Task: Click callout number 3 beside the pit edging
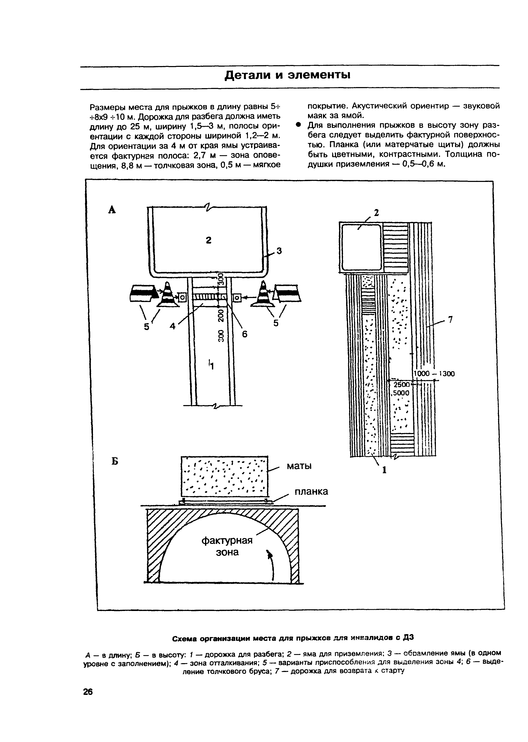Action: pyautogui.click(x=279, y=251)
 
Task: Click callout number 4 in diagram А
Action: pyautogui.click(x=173, y=326)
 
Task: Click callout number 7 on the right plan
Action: pyautogui.click(x=450, y=320)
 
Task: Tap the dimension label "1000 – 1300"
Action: pyautogui.click(x=434, y=374)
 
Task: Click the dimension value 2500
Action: pyautogui.click(x=401, y=384)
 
